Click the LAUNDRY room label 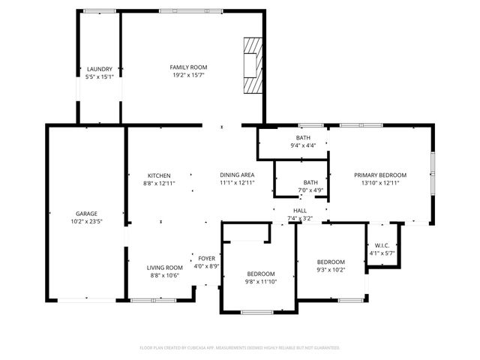click(x=99, y=69)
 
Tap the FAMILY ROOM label click(x=187, y=67)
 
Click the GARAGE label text click(x=85, y=214)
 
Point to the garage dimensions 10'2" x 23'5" click(x=85, y=221)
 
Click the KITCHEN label click(x=158, y=175)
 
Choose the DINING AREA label click(x=237, y=175)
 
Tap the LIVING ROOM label click(x=164, y=268)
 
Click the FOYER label click(x=206, y=259)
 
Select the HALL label click(x=300, y=211)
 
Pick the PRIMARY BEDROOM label click(x=380, y=175)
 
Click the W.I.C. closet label click(x=381, y=245)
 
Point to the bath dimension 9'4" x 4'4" click(x=303, y=145)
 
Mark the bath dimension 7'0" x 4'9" click(x=310, y=190)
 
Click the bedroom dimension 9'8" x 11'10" click(x=262, y=281)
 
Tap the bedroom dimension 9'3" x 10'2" click(x=331, y=270)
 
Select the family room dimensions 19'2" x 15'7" click(x=187, y=75)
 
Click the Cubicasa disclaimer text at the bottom click(x=240, y=348)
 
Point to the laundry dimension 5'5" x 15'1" click(x=99, y=76)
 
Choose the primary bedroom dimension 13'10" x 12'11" click(x=380, y=183)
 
